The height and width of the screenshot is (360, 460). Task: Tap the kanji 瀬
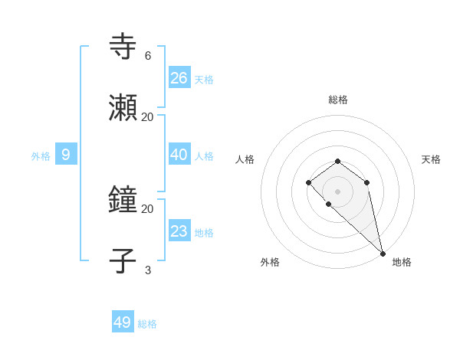[123, 109]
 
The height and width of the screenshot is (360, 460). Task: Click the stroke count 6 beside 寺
[148, 55]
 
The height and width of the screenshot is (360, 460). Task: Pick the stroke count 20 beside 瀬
[148, 116]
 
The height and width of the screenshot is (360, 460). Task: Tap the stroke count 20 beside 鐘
[148, 208]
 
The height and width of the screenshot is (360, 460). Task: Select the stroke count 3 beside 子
[148, 270]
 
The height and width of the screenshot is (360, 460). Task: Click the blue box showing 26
[179, 77]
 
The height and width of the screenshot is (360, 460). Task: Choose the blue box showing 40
[179, 154]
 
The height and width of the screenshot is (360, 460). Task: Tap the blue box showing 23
[179, 231]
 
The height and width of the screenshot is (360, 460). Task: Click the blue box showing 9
[66, 155]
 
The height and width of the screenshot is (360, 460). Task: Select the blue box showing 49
[123, 322]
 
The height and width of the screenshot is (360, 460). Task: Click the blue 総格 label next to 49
[147, 324]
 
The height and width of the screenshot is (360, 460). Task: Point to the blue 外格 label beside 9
[41, 156]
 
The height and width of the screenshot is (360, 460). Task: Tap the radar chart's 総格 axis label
[338, 100]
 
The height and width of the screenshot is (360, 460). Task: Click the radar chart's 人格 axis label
[245, 159]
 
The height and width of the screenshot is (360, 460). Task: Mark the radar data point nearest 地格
[383, 253]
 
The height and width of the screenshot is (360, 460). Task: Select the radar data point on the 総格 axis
[338, 161]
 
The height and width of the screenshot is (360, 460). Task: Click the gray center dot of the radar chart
[338, 191]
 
